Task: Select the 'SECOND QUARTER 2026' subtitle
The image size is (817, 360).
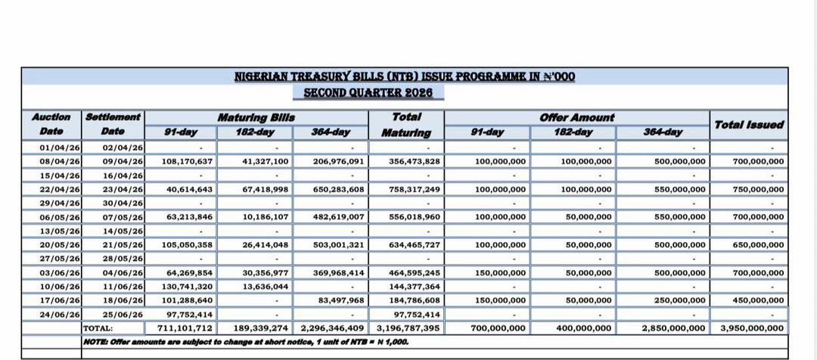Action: point(368,92)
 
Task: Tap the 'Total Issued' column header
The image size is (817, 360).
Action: point(748,125)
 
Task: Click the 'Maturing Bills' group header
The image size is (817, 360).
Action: point(256,117)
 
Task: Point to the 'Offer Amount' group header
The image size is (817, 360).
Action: point(576,117)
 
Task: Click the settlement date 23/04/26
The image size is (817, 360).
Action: point(123,189)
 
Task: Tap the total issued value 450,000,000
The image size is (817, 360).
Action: point(759,300)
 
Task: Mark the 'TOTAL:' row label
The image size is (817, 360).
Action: point(98,328)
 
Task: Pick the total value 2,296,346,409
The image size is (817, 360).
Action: point(333,328)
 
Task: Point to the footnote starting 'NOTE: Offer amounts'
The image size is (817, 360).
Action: point(246,342)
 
